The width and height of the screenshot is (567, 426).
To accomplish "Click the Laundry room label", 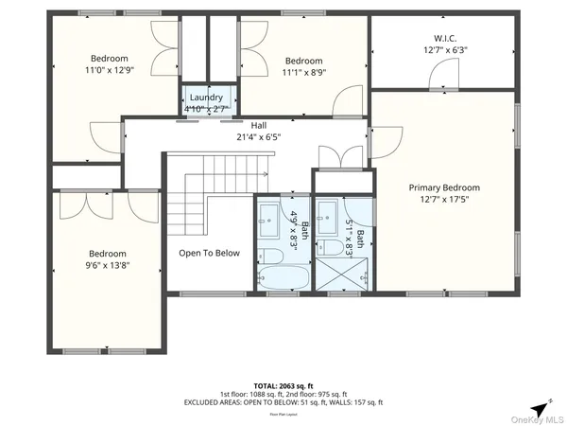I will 206,98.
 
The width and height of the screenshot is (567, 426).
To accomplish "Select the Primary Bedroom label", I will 444,187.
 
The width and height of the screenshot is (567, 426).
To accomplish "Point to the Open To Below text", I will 210,253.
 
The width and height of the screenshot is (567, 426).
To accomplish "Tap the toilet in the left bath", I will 273,257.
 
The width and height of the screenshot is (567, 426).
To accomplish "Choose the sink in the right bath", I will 328,211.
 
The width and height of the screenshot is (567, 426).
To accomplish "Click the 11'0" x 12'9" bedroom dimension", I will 110,68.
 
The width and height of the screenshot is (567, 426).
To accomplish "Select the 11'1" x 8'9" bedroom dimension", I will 303,73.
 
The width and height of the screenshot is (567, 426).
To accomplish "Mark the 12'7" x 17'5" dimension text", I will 444,200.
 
